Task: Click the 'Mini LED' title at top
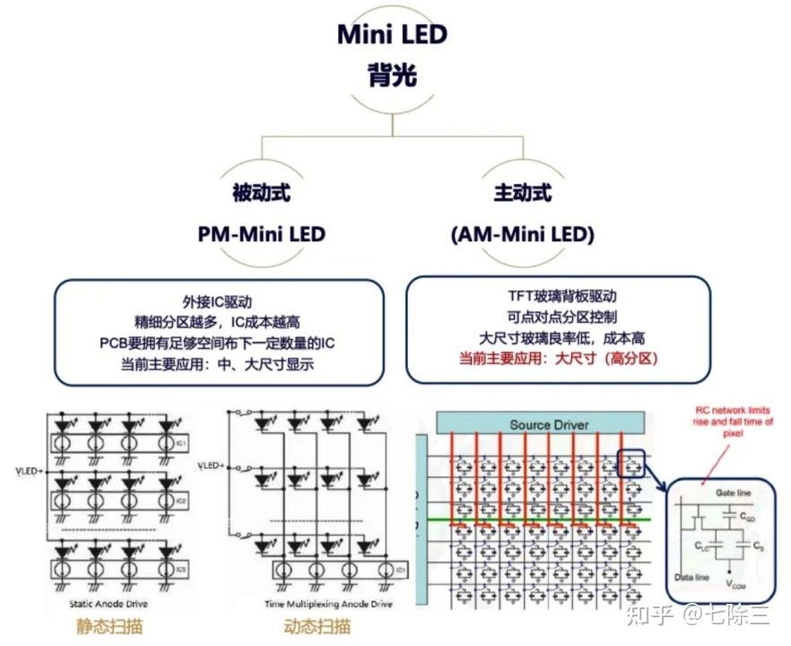point(392,34)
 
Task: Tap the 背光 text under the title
point(392,75)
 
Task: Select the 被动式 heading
point(261,193)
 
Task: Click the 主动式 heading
point(522,193)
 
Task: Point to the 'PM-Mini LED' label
point(261,234)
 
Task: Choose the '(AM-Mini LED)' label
point(522,234)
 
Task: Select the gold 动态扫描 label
point(317,625)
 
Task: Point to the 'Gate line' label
point(734,493)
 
